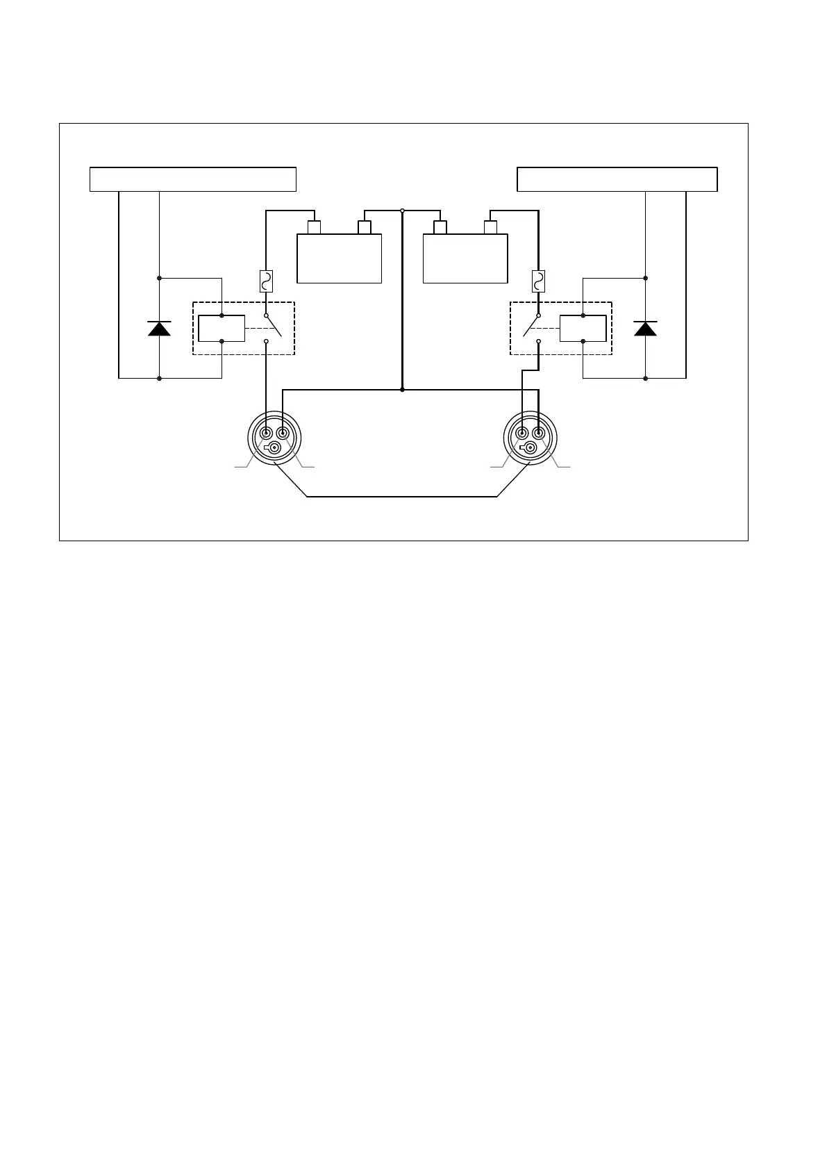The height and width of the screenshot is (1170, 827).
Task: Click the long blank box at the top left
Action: [x=193, y=179]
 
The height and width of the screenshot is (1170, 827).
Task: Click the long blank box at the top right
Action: [x=617, y=179]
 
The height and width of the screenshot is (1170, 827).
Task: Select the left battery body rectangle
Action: [x=339, y=258]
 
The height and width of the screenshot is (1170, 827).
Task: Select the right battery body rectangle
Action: [x=465, y=258]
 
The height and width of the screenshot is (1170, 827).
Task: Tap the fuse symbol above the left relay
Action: [x=266, y=281]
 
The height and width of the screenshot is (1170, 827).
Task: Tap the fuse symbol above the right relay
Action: [x=538, y=281]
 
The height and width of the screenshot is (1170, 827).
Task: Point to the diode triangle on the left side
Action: [x=159, y=329]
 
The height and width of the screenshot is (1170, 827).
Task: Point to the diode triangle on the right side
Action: [x=645, y=329]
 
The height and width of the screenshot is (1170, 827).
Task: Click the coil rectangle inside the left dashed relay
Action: [x=222, y=329]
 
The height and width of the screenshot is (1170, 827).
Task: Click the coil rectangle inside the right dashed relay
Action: [x=583, y=329]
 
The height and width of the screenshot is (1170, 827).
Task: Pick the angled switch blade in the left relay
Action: [x=274, y=326]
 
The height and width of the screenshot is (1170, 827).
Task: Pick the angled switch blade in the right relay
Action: [x=531, y=326]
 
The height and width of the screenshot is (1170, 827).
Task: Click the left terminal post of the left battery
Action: [x=314, y=227]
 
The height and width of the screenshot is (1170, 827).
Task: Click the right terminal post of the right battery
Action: [x=490, y=227]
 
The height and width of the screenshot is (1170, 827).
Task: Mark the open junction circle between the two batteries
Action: [x=402, y=211]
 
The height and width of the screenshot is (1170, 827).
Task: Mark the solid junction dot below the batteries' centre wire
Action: [x=402, y=390]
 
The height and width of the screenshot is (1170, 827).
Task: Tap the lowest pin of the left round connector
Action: [x=275, y=448]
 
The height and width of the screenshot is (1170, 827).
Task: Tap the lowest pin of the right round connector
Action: [x=531, y=448]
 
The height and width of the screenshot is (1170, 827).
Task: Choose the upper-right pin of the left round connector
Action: [x=283, y=434]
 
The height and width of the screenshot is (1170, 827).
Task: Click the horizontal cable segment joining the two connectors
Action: [x=402, y=497]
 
